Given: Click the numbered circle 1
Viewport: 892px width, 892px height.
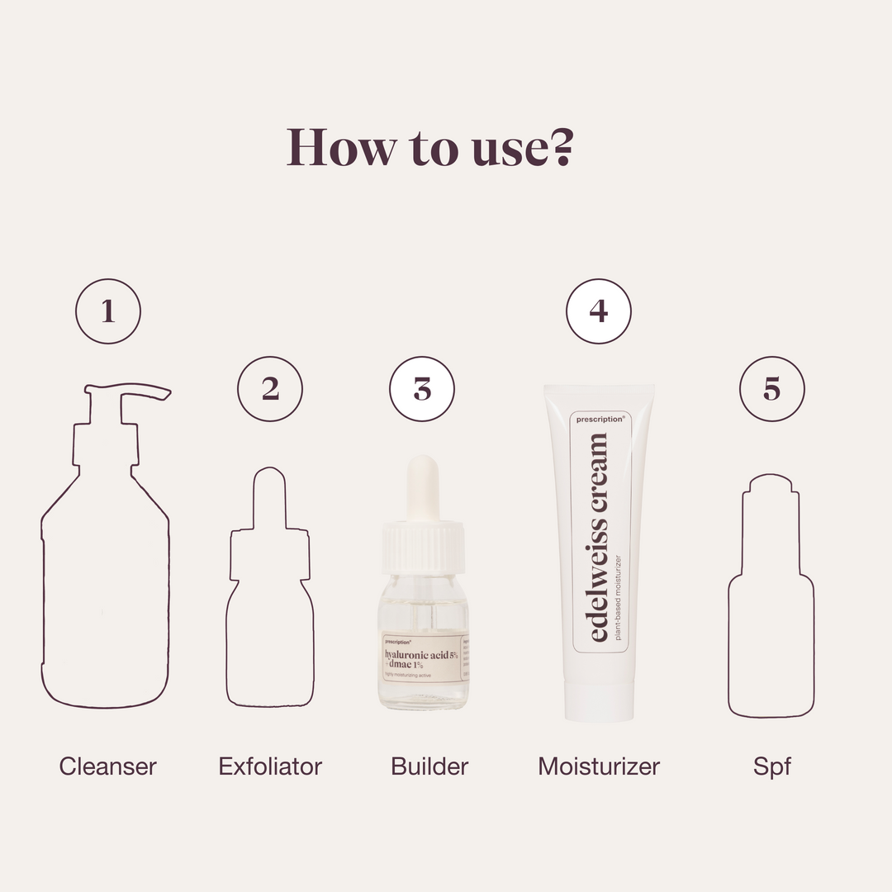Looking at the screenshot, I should click(108, 311).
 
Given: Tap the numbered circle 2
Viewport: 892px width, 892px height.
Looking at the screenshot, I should click(270, 389).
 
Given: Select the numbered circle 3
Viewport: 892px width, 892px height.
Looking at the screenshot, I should click(422, 389).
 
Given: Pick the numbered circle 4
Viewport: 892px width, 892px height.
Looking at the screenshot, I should click(599, 311).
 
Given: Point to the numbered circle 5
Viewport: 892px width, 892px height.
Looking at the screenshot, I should click(771, 389).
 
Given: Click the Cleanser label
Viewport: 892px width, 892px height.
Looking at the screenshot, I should click(107, 766).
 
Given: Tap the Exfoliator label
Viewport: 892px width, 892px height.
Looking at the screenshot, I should click(270, 766).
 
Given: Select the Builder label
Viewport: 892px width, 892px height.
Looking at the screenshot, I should click(429, 766).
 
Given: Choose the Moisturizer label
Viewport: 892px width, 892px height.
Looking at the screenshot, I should click(599, 766).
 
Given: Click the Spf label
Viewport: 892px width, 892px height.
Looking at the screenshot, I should click(771, 766).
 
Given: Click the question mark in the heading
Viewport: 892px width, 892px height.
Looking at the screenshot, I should click(562, 146).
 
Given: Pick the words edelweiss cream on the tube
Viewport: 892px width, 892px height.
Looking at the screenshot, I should click(599, 537).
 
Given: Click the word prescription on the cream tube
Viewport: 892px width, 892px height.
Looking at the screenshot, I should click(600, 419).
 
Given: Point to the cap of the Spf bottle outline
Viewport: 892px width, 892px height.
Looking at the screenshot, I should click(771, 486).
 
